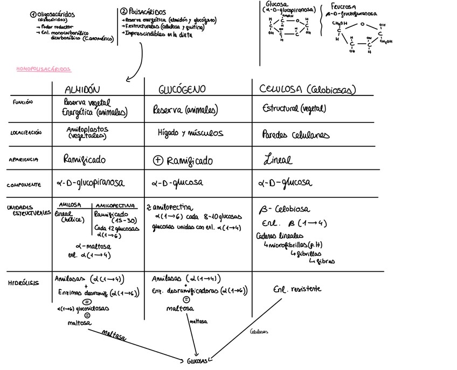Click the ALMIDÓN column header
[x=82, y=89]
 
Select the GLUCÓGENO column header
[x=183, y=90]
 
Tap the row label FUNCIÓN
[x=23, y=101]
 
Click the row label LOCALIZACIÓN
[x=26, y=132]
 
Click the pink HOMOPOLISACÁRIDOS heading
[x=44, y=70]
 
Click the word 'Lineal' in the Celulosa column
[x=278, y=160]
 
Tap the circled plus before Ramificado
[x=158, y=160]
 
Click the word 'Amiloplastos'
[x=87, y=129]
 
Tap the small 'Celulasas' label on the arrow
[x=259, y=332]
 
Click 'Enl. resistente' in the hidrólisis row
[x=297, y=289]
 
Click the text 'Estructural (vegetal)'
[x=294, y=108]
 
